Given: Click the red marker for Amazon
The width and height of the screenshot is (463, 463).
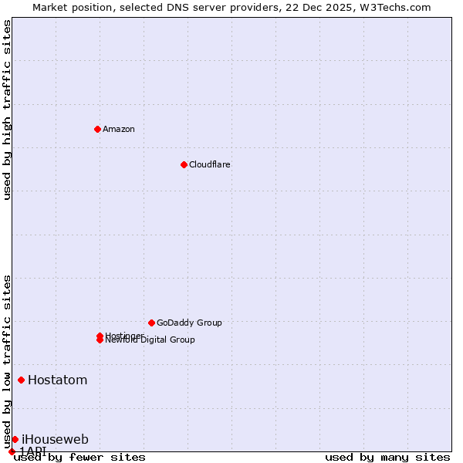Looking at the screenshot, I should [x=97, y=129].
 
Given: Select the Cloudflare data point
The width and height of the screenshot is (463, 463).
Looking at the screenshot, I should [x=184, y=164].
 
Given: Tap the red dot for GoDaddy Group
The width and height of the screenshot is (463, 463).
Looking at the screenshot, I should [x=151, y=323].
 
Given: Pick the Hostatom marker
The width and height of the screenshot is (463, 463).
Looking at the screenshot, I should [x=21, y=380].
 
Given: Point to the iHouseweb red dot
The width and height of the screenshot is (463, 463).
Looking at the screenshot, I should [x=15, y=439].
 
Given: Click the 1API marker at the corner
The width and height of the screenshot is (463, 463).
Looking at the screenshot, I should [x=12, y=451].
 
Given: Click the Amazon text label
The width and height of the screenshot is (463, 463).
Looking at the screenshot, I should [x=118, y=129].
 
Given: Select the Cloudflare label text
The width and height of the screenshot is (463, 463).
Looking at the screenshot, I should [x=209, y=164].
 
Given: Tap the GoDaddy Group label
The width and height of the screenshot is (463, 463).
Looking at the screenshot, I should [x=189, y=323].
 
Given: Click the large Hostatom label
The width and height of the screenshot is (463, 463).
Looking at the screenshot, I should [x=57, y=380].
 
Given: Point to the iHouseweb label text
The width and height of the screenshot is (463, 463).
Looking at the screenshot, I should [x=55, y=439].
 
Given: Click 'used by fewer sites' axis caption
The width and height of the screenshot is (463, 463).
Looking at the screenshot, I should [x=79, y=458].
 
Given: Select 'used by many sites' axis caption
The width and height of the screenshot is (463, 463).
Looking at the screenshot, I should [x=387, y=458].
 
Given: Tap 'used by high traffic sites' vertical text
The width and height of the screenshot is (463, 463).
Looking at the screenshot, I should [x=7, y=110].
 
